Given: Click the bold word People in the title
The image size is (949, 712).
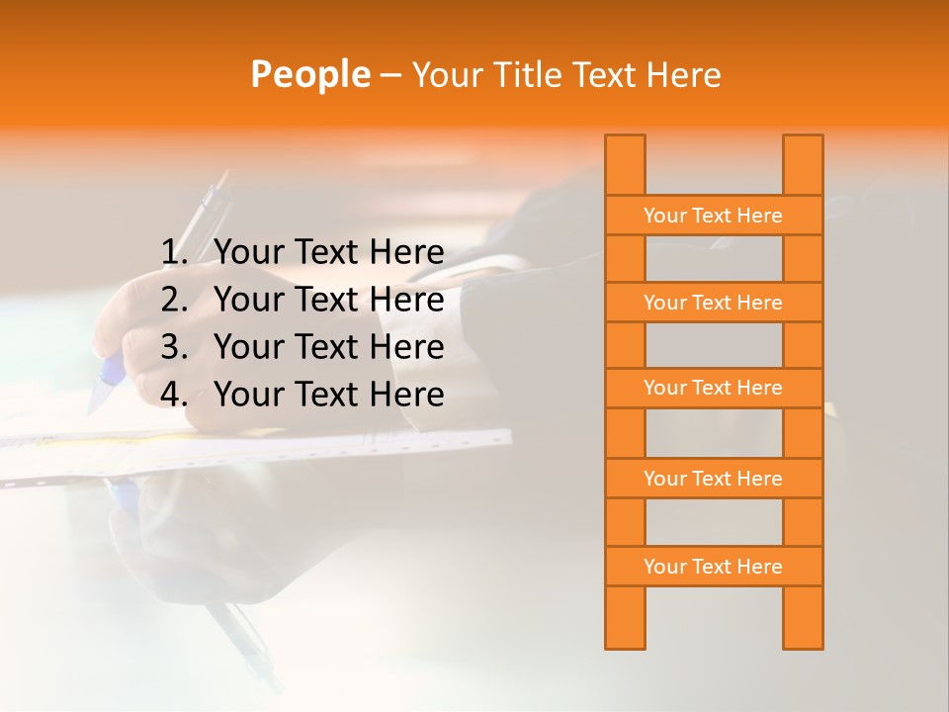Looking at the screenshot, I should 309,75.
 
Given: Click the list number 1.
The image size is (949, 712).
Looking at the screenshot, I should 173,253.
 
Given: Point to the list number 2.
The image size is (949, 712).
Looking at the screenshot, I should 173,300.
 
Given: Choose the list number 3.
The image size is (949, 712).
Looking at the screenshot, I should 173,347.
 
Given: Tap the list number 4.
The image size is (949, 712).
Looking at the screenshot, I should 173,395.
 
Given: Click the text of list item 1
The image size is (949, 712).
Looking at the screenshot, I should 329,253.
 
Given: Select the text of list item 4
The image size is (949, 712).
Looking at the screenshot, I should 329,395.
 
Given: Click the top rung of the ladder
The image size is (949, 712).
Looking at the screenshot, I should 713,216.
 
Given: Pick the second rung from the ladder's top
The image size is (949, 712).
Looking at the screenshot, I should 713,303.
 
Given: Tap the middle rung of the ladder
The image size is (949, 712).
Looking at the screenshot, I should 713,389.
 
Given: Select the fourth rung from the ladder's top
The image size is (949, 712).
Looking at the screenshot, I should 713,479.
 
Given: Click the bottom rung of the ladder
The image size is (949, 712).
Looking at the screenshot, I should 713,567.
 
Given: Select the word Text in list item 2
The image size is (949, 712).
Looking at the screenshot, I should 327,300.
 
